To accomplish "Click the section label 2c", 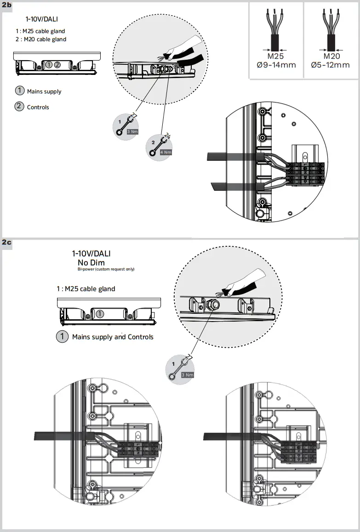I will pyautogui.click(x=6, y=242).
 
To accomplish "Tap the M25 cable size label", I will pyautogui.click(x=276, y=56).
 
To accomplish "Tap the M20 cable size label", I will pyautogui.click(x=330, y=56).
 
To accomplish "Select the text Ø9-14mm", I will pyautogui.click(x=276, y=65).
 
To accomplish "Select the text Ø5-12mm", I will pyautogui.click(x=330, y=65).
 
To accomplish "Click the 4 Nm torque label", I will pyautogui.click(x=166, y=152).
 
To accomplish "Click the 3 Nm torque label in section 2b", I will pyautogui.click(x=132, y=131).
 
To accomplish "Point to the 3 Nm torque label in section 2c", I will pyautogui.click(x=187, y=375).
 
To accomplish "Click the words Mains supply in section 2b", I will pyautogui.click(x=44, y=91).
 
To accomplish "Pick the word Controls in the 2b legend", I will pyautogui.click(x=38, y=107).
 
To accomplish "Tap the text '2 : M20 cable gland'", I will pyautogui.click(x=40, y=40).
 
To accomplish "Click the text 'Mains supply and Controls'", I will pyautogui.click(x=113, y=337).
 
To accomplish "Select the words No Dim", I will pyautogui.click(x=91, y=262).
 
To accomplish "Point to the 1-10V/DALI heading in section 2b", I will pyautogui.click(x=42, y=19).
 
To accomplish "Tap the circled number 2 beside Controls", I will pyautogui.click(x=19, y=107).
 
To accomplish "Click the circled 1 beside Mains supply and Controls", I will pyautogui.click(x=62, y=336).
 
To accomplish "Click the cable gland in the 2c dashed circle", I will pyautogui.click(x=213, y=304).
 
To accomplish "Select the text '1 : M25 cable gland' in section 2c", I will pyautogui.click(x=86, y=289).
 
